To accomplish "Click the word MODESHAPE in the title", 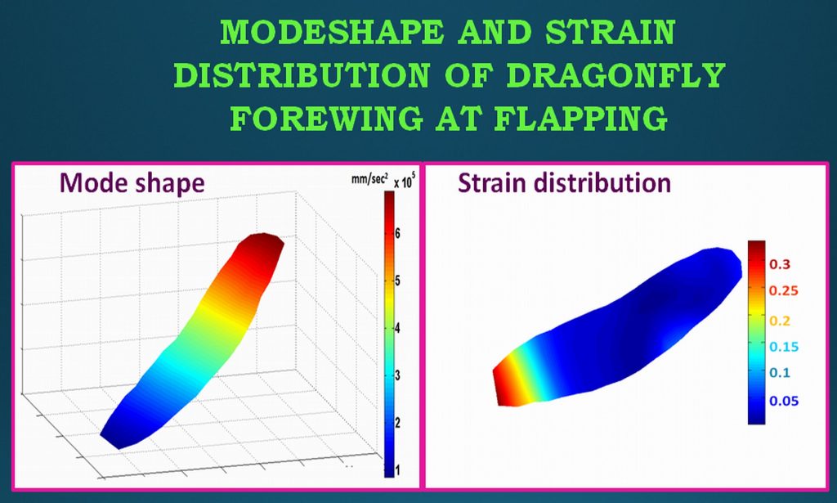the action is pyautogui.click(x=332, y=32).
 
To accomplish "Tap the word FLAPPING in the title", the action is pyautogui.click(x=580, y=118).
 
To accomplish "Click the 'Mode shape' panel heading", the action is pyautogui.click(x=132, y=182).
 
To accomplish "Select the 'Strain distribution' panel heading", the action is pyautogui.click(x=564, y=182).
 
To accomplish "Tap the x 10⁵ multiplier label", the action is pyautogui.click(x=404, y=181).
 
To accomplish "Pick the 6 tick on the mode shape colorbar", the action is pyautogui.click(x=397, y=233).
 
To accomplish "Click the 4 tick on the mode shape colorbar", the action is pyautogui.click(x=397, y=329).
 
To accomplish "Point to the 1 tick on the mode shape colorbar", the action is pyautogui.click(x=397, y=470).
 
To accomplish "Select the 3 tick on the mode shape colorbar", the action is pyautogui.click(x=397, y=375).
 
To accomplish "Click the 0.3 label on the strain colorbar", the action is pyautogui.click(x=779, y=264).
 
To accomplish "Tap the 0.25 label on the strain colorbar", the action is pyautogui.click(x=784, y=291).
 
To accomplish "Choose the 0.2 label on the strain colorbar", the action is pyautogui.click(x=779, y=321).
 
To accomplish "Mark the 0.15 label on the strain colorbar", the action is pyautogui.click(x=784, y=347).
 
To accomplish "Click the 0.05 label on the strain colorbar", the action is pyautogui.click(x=784, y=401).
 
